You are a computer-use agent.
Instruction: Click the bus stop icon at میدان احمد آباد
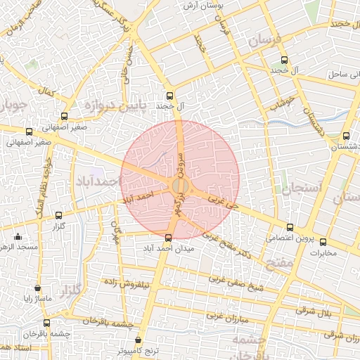point(167,238)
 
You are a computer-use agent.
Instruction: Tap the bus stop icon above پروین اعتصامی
point(291,226)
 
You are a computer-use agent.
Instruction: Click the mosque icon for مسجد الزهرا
point(18,237)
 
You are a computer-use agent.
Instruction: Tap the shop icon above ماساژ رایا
point(37,288)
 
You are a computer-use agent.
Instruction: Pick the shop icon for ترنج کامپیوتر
point(138,340)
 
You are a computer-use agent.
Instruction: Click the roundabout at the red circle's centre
point(179,186)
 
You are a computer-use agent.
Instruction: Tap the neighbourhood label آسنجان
point(303,187)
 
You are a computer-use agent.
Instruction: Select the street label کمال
point(47,91)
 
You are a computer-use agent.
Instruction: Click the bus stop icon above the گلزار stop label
point(58,216)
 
